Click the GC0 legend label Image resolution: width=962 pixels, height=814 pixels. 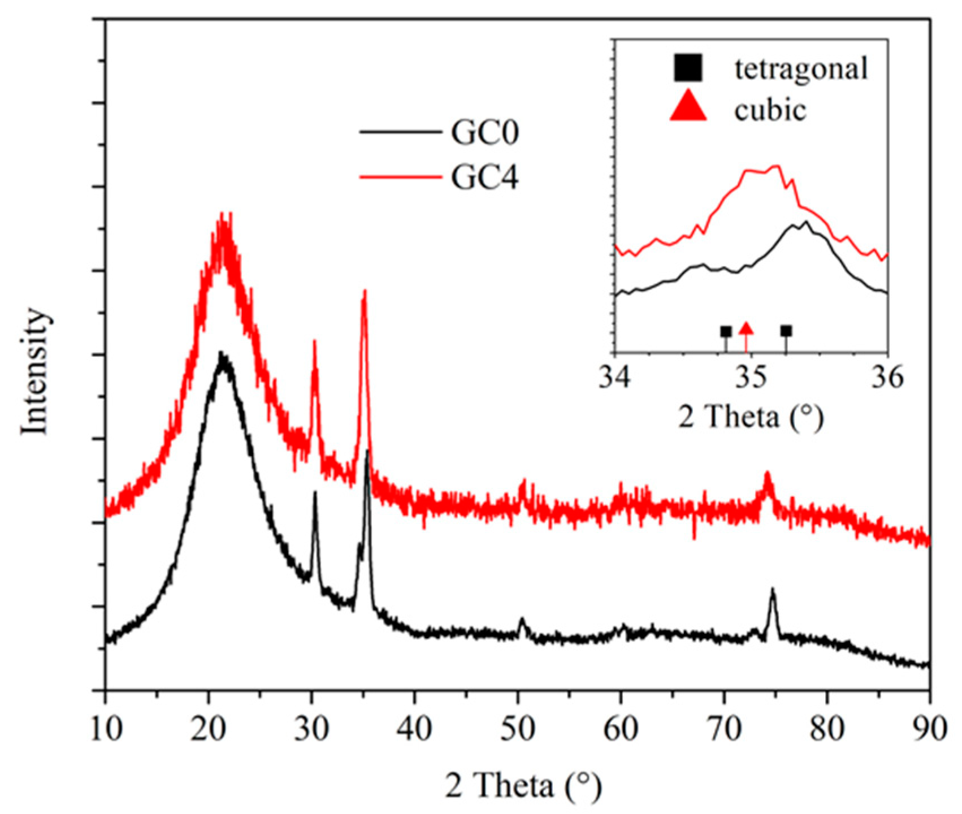[x=484, y=134]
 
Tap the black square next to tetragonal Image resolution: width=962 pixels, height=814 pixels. [x=687, y=68]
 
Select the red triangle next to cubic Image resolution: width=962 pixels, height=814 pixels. [x=688, y=109]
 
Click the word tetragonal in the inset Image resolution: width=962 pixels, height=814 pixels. [x=801, y=69]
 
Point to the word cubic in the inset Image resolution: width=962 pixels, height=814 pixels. [x=770, y=110]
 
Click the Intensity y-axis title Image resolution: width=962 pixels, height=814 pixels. [x=35, y=371]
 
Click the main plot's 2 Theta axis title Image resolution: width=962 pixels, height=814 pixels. [x=523, y=786]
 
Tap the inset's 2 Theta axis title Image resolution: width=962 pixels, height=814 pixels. [x=751, y=418]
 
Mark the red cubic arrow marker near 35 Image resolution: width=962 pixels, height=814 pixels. [x=746, y=329]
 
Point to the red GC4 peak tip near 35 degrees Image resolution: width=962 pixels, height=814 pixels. [x=365, y=292]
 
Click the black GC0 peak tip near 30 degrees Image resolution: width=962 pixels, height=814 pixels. [x=315, y=493]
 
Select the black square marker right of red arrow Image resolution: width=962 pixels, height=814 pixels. [x=786, y=331]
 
